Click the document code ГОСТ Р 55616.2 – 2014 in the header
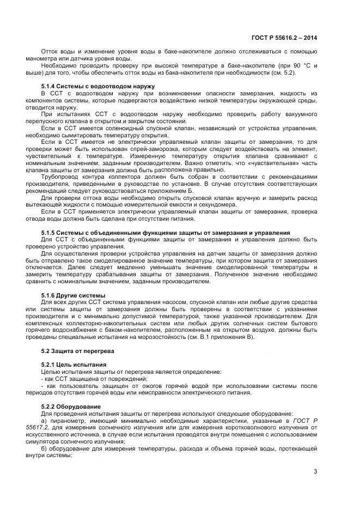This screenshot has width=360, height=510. coord(284,38)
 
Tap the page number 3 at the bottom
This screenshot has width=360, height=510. coord(315,471)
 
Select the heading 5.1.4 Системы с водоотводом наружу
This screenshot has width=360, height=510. coord(98,86)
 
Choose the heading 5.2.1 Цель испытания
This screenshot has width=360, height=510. coord(74,364)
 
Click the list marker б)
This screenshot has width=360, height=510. coord(45,448)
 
